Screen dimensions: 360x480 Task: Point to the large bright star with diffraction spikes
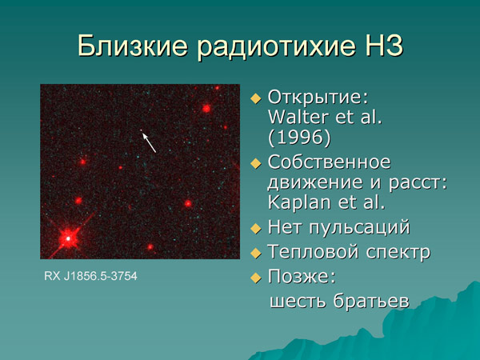[x=68, y=237]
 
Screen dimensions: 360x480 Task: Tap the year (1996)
[x=300, y=138]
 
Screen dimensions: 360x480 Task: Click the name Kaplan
[x=302, y=202]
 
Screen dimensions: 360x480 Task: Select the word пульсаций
[x=358, y=227]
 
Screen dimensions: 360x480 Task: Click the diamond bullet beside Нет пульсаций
[x=256, y=228]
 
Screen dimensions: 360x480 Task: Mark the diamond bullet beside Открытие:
[x=256, y=98]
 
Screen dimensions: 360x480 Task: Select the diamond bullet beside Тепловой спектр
[x=256, y=253]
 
